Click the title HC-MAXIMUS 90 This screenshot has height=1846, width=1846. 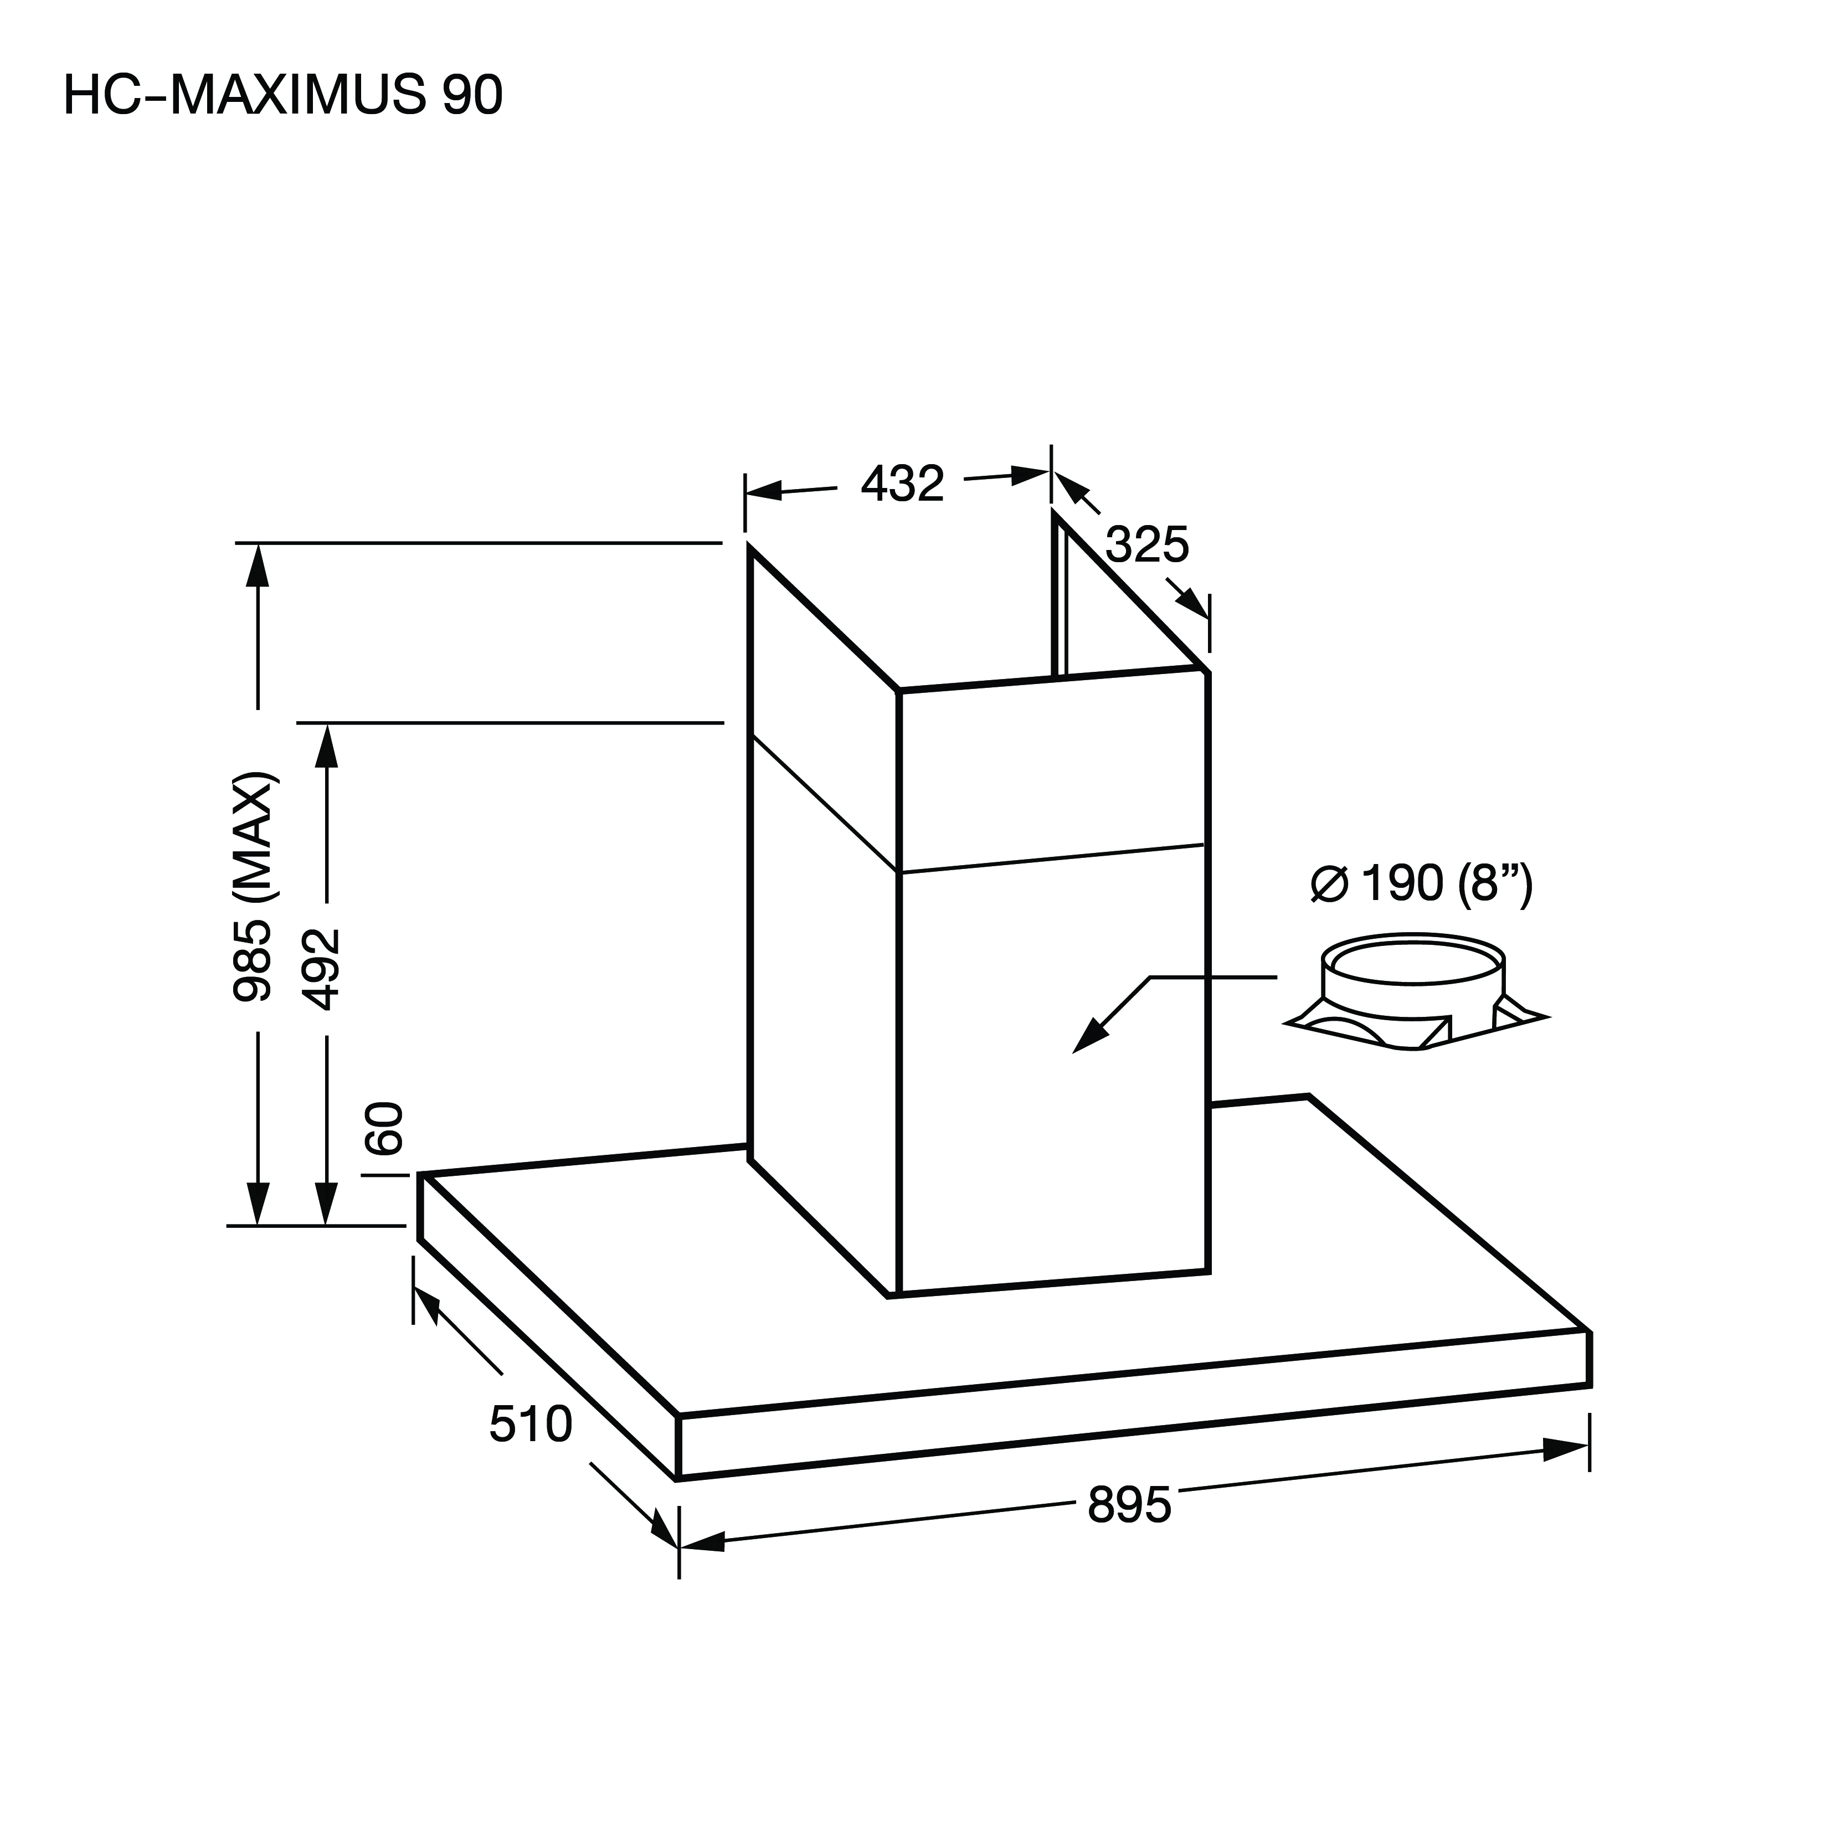click(x=283, y=96)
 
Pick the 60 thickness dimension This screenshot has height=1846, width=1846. click(x=385, y=1128)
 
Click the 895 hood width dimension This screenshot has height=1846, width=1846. click(x=1129, y=1507)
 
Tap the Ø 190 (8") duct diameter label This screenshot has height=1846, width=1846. click(x=1422, y=884)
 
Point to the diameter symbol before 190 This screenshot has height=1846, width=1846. click(x=1329, y=885)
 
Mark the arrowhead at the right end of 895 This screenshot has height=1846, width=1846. click(x=1566, y=1448)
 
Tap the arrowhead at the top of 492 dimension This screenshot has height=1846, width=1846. click(x=327, y=746)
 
